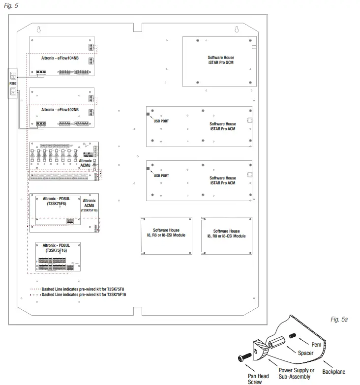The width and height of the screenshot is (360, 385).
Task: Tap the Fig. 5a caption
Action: (339, 320)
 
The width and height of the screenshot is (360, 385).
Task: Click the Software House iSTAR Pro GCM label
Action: (221, 60)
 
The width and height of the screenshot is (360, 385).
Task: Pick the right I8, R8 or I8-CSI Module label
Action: (226, 234)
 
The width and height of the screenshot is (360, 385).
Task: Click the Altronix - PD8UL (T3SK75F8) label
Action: (57, 201)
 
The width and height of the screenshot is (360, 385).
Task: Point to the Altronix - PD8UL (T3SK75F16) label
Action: (56, 247)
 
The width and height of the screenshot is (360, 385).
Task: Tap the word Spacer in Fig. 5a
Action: (305, 353)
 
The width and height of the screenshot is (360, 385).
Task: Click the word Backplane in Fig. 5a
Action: (334, 372)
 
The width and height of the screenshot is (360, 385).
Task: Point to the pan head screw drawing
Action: (246, 359)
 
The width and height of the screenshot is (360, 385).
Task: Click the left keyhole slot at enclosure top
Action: (40, 30)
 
